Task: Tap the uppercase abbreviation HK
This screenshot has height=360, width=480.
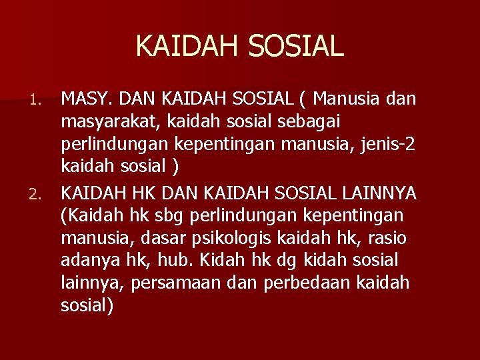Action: click(154, 193)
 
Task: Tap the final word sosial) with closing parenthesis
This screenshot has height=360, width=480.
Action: click(87, 307)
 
